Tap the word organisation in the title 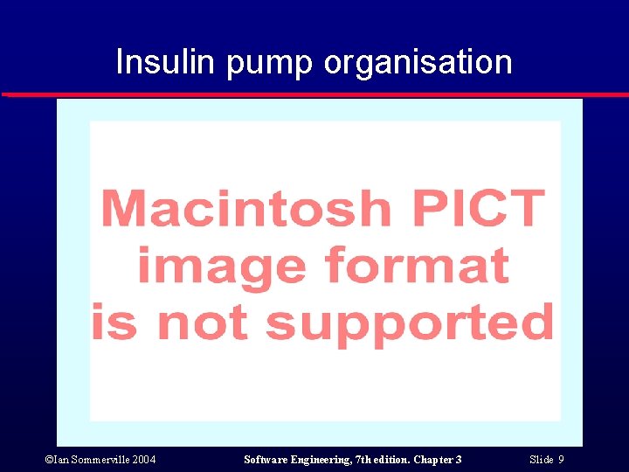(x=418, y=63)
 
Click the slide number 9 (x=561, y=460)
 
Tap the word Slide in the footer (x=541, y=460)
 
